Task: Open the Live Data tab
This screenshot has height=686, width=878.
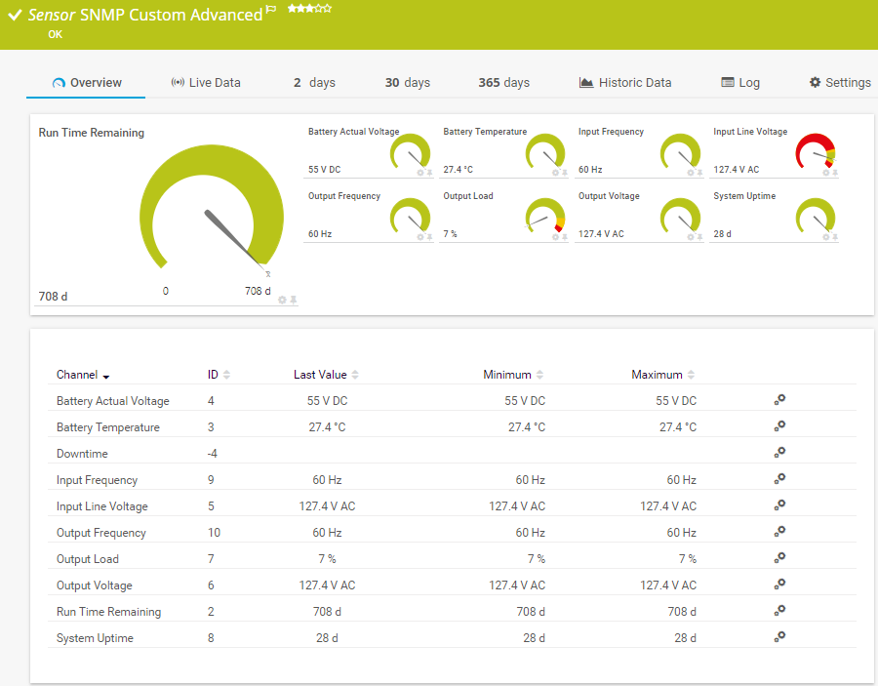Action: [206, 83]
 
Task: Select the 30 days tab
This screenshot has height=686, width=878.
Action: [407, 83]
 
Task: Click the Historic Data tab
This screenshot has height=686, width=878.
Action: [625, 83]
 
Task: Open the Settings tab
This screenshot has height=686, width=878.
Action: [840, 83]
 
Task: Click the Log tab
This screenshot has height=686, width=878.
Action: [740, 83]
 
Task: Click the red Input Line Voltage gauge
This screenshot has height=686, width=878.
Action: [816, 153]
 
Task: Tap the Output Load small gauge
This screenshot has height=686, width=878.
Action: [545, 217]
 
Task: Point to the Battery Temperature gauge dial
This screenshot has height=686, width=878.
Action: [545, 152]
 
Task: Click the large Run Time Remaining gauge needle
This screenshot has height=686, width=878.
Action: [232, 235]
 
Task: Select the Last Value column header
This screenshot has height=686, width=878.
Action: [320, 375]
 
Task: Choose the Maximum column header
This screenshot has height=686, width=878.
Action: [657, 375]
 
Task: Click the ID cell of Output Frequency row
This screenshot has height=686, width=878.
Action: [214, 533]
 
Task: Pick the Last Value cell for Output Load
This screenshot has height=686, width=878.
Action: [327, 559]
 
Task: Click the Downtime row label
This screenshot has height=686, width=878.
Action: [82, 454]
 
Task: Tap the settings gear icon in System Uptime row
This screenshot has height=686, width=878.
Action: [779, 636]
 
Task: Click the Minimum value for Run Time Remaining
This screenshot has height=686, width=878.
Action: [530, 612]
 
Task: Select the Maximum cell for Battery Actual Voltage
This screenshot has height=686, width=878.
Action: [676, 401]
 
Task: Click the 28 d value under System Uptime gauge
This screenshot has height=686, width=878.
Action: [722, 234]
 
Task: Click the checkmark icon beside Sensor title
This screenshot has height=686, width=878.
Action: [15, 15]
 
